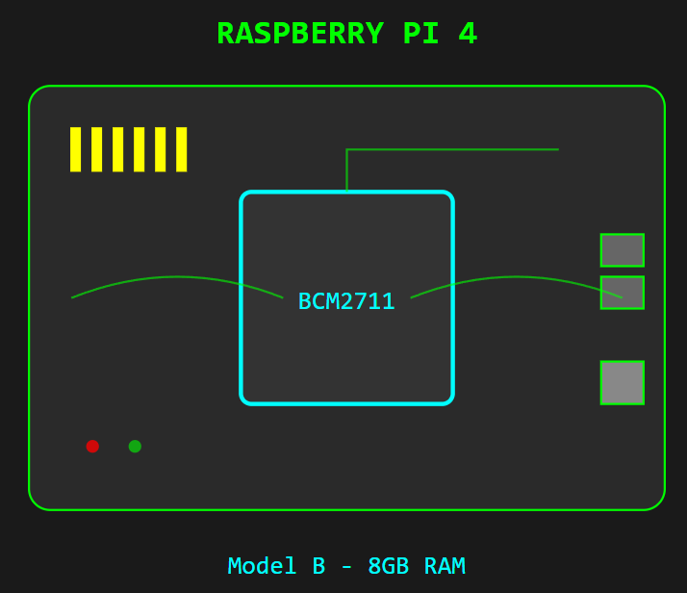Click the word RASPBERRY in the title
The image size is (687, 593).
(x=300, y=35)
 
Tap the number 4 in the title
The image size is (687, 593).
(x=468, y=35)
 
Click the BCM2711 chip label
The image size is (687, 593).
(x=346, y=302)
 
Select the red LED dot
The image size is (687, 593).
(x=92, y=446)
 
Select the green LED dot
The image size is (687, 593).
(x=135, y=446)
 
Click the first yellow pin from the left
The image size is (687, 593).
(x=75, y=149)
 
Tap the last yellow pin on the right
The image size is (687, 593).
(x=181, y=149)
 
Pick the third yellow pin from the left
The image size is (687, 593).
(x=117, y=149)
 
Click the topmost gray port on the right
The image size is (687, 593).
(x=622, y=250)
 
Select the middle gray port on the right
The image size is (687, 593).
(x=622, y=293)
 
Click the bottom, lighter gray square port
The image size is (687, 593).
(x=622, y=382)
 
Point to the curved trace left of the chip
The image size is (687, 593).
(x=177, y=277)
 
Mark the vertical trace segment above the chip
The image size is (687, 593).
(x=346, y=171)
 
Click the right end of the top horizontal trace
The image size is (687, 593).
(x=555, y=149)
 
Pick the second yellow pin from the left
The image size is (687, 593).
(x=96, y=149)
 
